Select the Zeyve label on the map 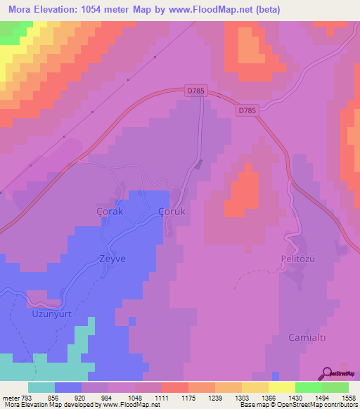click(x=111, y=259)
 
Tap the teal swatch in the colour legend click(x=41, y=388)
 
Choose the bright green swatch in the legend click(x=309, y=388)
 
